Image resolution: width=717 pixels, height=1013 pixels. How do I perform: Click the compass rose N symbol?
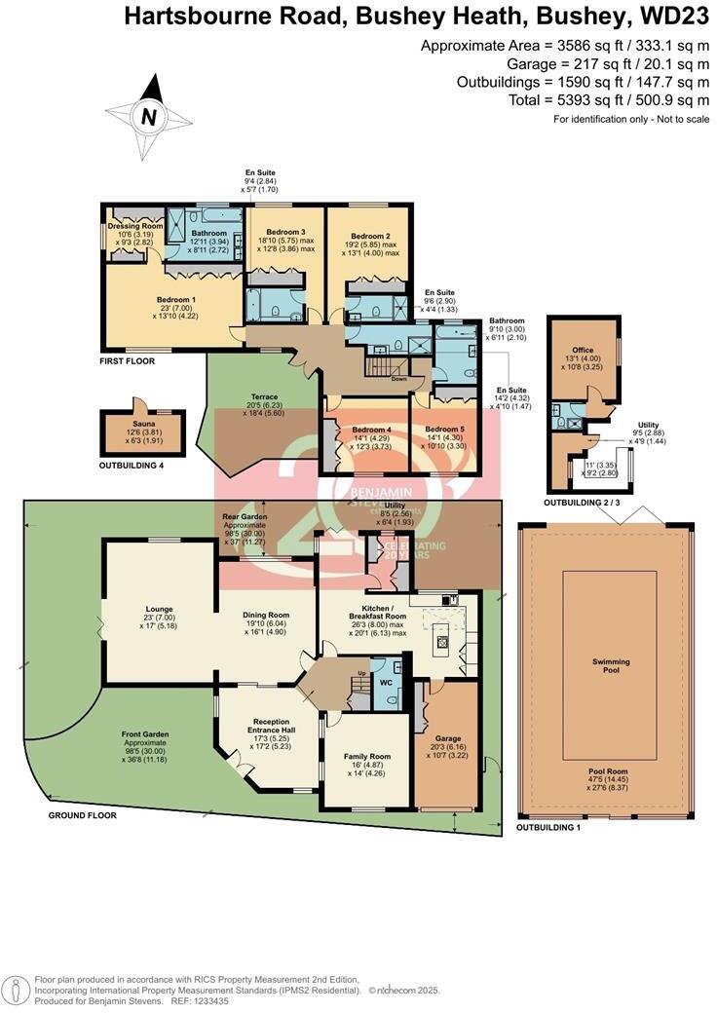pyautogui.click(x=149, y=117)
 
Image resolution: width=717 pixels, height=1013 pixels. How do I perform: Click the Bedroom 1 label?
pyautogui.click(x=176, y=299)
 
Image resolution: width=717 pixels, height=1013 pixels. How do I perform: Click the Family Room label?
pyautogui.click(x=367, y=756)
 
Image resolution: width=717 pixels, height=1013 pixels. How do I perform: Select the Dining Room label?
pyautogui.click(x=266, y=615)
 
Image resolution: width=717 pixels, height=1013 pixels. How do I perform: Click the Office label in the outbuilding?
pyautogui.click(x=584, y=351)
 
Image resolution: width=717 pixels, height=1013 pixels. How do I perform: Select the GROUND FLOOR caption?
pyautogui.click(x=83, y=815)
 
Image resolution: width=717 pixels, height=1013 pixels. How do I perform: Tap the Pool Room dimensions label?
pyautogui.click(x=610, y=775)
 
